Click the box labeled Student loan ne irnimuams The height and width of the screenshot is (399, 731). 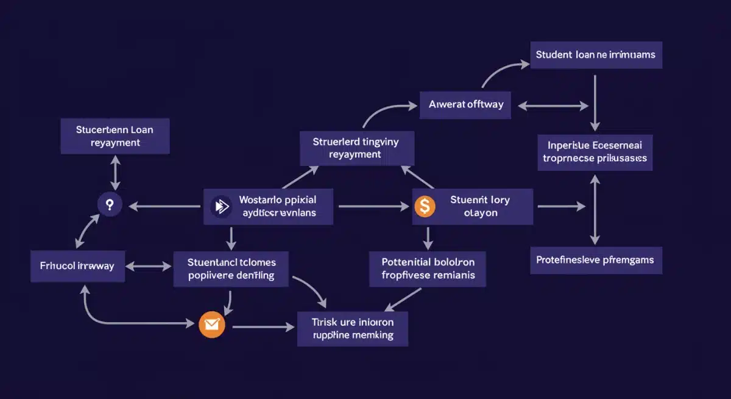(x=595, y=55)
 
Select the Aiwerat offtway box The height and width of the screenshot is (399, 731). (x=465, y=104)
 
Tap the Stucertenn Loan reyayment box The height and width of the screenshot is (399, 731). (x=115, y=136)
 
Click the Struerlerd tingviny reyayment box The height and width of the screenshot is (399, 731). (x=357, y=148)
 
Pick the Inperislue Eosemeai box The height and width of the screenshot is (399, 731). (x=595, y=152)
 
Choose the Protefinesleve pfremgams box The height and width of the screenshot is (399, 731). (x=595, y=260)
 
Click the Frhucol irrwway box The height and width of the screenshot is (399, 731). (x=77, y=266)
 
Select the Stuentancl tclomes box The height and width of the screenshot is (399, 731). (x=231, y=269)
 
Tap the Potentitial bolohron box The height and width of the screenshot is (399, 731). (x=428, y=268)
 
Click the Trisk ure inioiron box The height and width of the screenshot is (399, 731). (x=353, y=329)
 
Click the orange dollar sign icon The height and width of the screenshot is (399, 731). (x=425, y=207)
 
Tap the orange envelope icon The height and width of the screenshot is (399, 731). (x=212, y=325)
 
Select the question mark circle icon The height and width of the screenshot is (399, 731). (x=110, y=205)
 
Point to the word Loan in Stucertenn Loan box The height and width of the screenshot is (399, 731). (x=141, y=129)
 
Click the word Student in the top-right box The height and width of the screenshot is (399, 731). (x=552, y=54)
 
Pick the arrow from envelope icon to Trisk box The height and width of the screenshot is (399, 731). (x=263, y=328)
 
